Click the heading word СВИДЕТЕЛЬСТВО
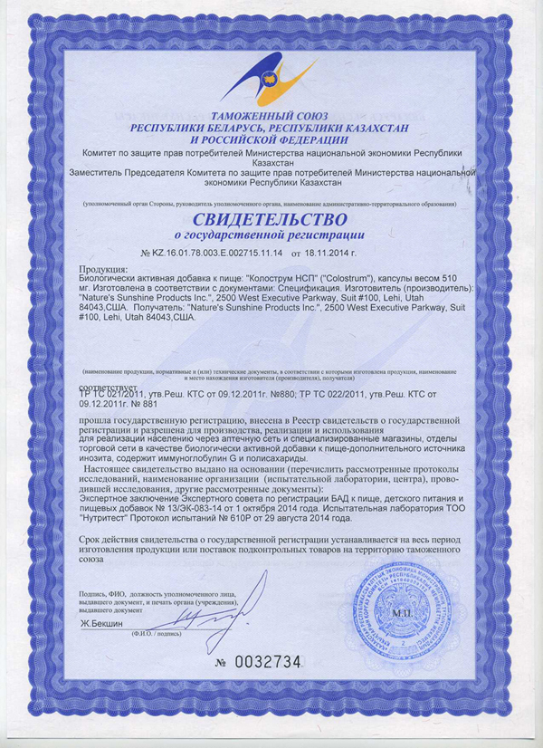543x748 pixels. (269, 220)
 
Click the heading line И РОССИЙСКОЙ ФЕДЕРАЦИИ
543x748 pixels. (269, 140)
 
